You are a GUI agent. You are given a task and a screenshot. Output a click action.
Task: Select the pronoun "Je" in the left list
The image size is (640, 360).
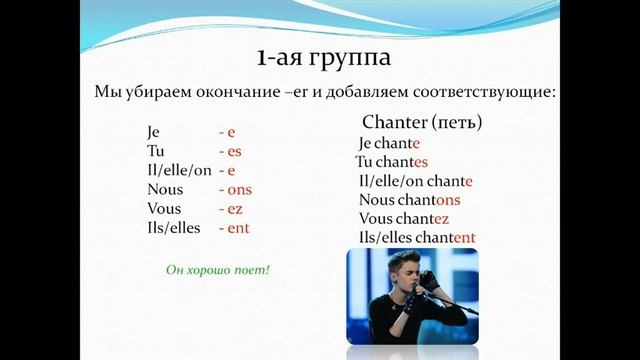pyautogui.click(x=153, y=132)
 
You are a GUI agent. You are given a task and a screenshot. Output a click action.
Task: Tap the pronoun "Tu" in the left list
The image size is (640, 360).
pyautogui.click(x=154, y=151)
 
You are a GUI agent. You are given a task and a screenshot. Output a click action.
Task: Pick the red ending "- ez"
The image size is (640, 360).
pyautogui.click(x=231, y=209)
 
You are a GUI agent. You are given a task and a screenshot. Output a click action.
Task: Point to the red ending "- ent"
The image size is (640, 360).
pyautogui.click(x=234, y=228)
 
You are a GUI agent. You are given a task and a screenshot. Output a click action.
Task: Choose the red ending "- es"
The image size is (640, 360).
pyautogui.click(x=231, y=151)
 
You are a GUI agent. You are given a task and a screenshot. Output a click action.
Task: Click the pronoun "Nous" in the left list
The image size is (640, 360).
pyautogui.click(x=165, y=190)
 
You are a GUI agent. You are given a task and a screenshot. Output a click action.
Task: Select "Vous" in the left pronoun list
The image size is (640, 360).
pyautogui.click(x=164, y=209)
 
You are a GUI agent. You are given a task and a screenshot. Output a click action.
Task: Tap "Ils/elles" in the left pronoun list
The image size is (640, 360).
pyautogui.click(x=173, y=228)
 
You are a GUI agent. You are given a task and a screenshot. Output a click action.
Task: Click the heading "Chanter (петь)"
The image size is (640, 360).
pyautogui.click(x=421, y=123)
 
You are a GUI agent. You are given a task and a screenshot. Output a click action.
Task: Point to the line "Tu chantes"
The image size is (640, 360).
pyautogui.click(x=391, y=162)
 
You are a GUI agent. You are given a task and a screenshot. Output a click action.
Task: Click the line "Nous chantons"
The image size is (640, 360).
pyautogui.click(x=408, y=200)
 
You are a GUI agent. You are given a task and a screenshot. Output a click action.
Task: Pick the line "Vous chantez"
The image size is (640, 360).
pyautogui.click(x=403, y=218)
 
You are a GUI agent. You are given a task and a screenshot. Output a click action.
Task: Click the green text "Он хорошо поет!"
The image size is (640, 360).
pyautogui.click(x=218, y=270)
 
